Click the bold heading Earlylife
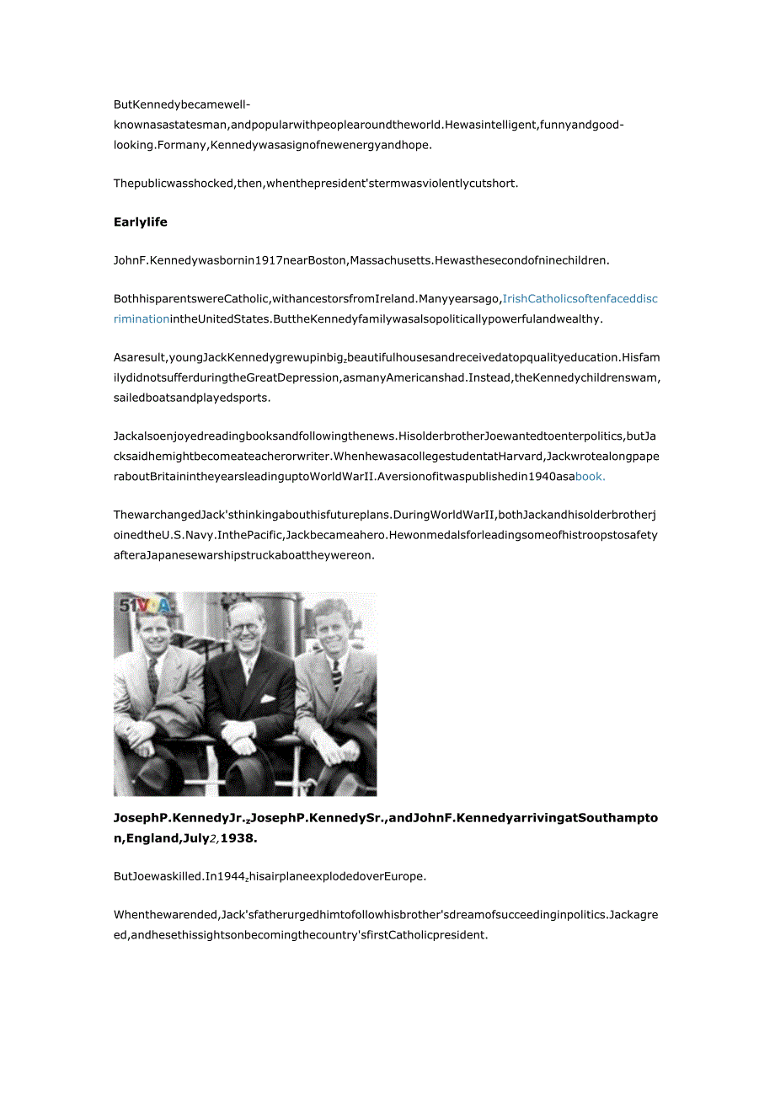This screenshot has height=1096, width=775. (x=141, y=222)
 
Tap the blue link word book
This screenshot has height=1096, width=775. (x=590, y=476)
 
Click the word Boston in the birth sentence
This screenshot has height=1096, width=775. (x=327, y=260)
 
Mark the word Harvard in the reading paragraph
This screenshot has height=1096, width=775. (x=514, y=457)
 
